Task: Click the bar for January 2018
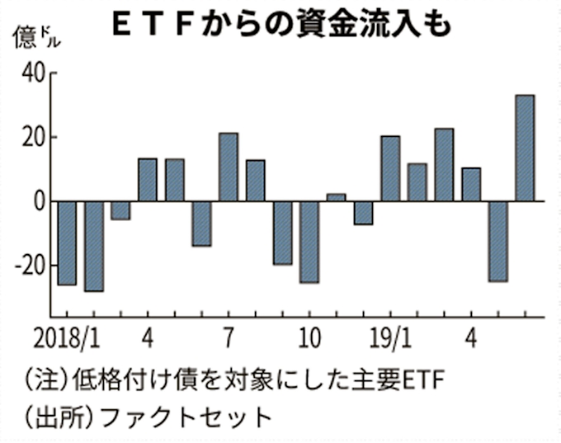coord(67,243)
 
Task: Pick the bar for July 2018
coord(229,167)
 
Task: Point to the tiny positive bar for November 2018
coord(336,197)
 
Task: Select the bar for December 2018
coord(363,213)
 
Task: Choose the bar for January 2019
coord(390,168)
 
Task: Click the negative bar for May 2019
coord(497,241)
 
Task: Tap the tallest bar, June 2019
coord(525,148)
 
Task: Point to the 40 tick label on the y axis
coord(31,74)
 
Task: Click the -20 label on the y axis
coord(28,266)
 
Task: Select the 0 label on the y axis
coord(38,201)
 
